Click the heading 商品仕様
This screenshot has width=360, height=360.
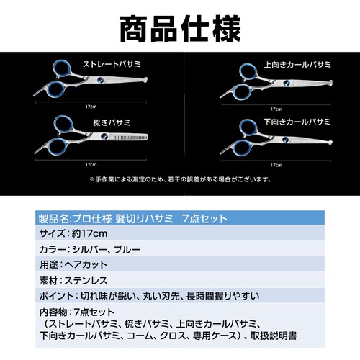[x=180, y=29]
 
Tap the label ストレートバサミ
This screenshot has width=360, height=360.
[x=112, y=64]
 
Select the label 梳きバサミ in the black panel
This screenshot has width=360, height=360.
[x=112, y=122]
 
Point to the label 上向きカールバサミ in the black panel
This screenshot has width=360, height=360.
[x=297, y=65]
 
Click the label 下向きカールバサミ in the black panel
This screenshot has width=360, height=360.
[x=297, y=122]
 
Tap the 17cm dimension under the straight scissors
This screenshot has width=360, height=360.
[x=91, y=107]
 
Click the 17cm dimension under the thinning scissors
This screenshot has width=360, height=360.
[x=91, y=165]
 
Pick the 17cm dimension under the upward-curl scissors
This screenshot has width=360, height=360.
[x=276, y=109]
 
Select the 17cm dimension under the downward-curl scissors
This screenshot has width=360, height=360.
[x=276, y=165]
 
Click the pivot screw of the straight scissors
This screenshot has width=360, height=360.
[x=101, y=80]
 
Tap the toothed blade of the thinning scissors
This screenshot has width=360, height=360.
[x=129, y=138]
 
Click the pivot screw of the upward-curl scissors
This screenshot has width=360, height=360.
[x=287, y=84]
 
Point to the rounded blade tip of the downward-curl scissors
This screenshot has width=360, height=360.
[x=330, y=143]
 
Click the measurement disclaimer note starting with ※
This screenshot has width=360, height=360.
[x=180, y=179]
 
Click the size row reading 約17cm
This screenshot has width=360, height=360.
[x=73, y=233]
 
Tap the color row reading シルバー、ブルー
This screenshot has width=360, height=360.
[x=90, y=250]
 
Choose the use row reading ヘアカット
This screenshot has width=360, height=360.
[x=73, y=265]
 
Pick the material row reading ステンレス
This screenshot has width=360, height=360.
[x=73, y=281]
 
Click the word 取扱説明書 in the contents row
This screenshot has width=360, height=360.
[x=274, y=336]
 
